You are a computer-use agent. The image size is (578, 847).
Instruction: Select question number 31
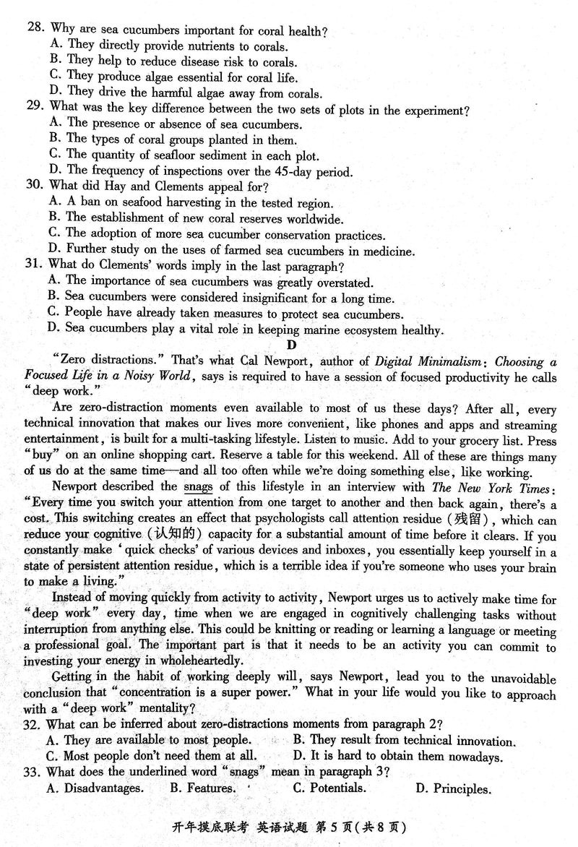tap(35, 267)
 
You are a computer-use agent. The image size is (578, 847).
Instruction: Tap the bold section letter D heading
tap(291, 346)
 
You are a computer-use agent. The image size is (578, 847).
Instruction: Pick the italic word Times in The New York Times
tap(534, 488)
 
